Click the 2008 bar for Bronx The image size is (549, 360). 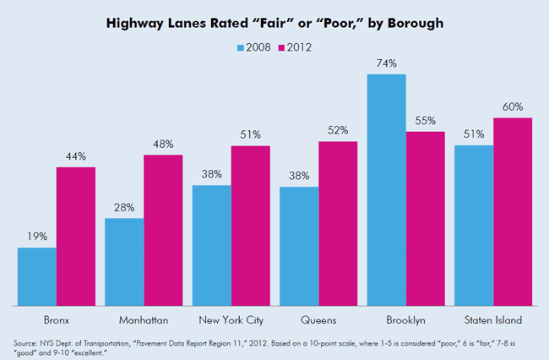(x=37, y=276)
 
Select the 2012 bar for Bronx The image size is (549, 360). (x=76, y=236)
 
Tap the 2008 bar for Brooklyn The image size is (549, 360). (x=386, y=189)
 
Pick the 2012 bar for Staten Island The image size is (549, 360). (x=512, y=211)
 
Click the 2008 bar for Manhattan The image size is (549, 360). (x=124, y=261)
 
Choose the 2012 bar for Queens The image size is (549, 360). (x=338, y=223)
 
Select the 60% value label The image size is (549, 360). (x=512, y=107)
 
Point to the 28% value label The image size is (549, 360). (x=124, y=208)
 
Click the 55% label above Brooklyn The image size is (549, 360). (x=425, y=121)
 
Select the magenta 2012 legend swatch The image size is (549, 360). (x=281, y=47)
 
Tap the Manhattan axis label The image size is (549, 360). (x=144, y=320)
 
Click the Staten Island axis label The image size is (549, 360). (x=493, y=320)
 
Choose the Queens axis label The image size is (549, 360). (x=318, y=320)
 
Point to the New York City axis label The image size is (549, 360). (x=231, y=320)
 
